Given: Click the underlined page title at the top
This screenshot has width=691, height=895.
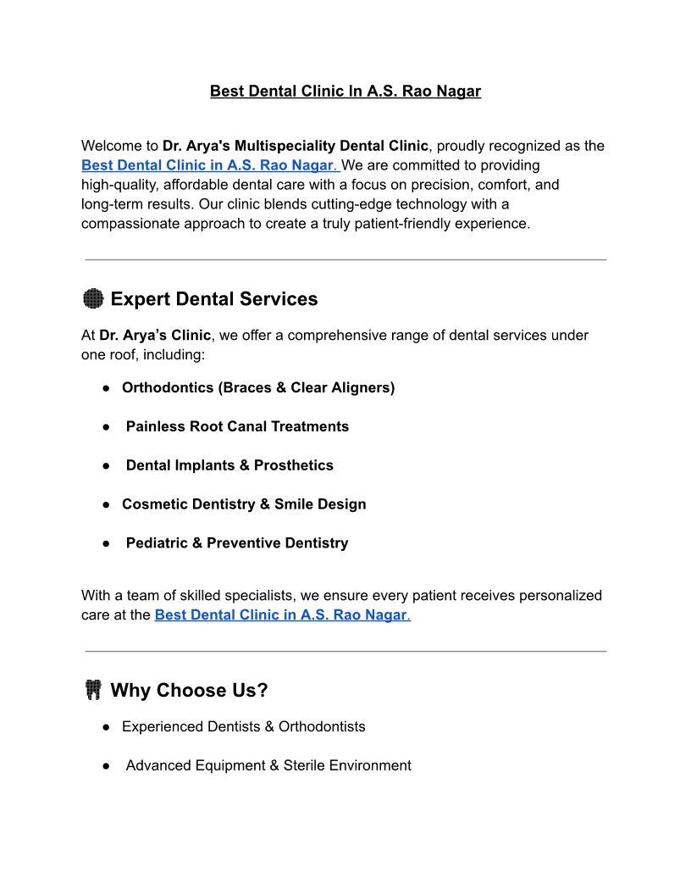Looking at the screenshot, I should point(345,91).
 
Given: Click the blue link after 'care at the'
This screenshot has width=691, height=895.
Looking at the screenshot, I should point(280,615).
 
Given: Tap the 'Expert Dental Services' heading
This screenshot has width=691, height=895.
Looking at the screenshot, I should point(213,299).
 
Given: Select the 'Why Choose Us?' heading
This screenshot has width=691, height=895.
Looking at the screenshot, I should point(189,691).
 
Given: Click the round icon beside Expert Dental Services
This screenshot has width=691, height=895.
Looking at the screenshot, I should point(93,299).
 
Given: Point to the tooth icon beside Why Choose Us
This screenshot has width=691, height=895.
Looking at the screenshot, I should point(93,691).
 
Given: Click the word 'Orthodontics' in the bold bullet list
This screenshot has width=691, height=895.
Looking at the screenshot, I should point(167,388).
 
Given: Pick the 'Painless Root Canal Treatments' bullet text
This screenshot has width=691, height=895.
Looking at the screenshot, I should point(237,427).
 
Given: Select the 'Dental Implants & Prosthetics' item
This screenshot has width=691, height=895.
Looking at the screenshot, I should point(229,466).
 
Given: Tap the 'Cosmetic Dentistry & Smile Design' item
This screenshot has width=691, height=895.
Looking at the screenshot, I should point(244,505).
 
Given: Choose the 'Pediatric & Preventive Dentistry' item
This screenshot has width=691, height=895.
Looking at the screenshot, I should point(237,544).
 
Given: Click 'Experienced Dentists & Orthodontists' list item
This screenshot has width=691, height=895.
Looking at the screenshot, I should point(243,727).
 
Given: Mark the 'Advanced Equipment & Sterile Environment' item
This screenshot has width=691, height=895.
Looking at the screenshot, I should point(268,766).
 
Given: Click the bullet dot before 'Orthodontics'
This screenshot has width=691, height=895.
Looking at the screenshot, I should point(108,388).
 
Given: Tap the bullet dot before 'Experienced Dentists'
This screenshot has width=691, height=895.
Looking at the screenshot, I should point(108,727).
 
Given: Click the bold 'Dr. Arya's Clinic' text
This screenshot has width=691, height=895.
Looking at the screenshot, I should point(155,336).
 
